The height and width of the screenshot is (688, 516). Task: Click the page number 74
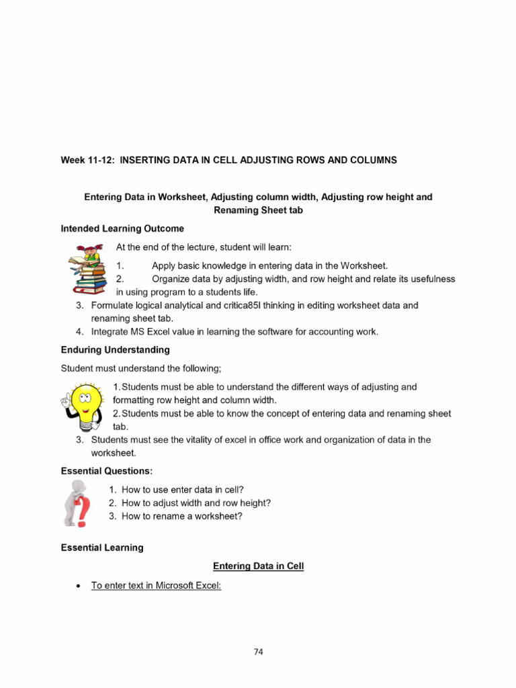pos(258,651)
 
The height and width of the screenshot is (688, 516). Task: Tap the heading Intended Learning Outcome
pos(122,228)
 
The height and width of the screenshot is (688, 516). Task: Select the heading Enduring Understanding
pos(115,350)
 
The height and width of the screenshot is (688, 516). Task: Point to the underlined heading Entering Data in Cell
pos(258,566)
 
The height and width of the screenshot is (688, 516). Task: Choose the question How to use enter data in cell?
pos(187,490)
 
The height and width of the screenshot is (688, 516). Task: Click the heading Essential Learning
pos(102,548)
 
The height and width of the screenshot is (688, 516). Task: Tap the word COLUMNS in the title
pos(372,160)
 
